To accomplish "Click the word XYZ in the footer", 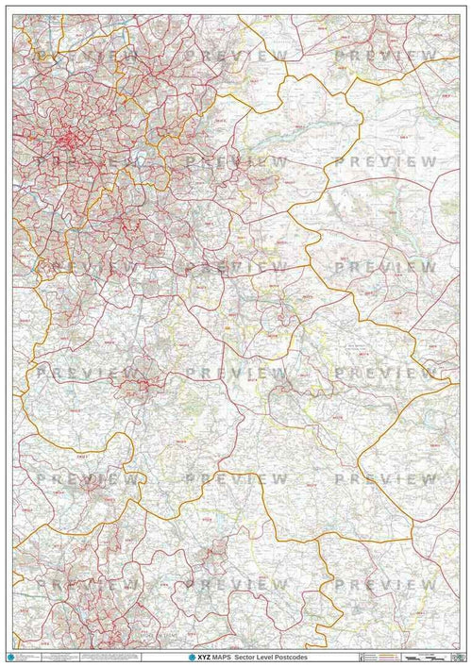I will click(x=206, y=656).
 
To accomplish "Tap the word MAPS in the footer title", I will click(x=226, y=656).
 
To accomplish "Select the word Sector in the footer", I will click(x=248, y=656).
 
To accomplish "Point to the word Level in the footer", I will click(x=268, y=656).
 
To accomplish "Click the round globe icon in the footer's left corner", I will click(x=11, y=655).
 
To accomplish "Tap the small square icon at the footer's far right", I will click(x=463, y=656).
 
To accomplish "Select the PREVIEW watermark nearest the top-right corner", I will click(x=386, y=58).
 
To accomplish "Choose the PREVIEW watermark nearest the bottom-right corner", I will click(x=386, y=585).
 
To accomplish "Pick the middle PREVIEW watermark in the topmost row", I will click(x=237, y=58).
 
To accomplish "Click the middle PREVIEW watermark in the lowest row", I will click(x=237, y=585).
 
